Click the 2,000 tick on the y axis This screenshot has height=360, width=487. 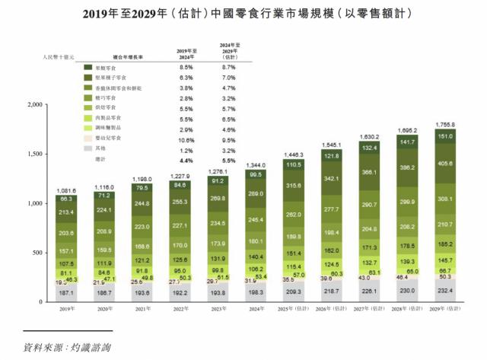38,104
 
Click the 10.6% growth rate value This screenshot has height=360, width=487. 184,139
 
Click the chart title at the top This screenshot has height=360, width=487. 243,12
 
